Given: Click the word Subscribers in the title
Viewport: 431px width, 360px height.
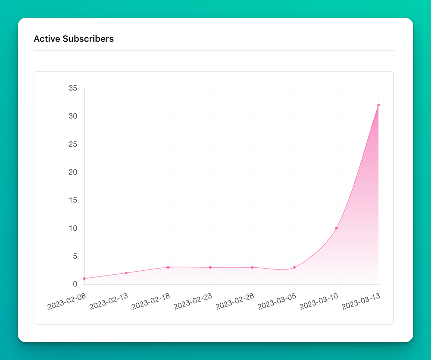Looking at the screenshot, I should pos(88,39).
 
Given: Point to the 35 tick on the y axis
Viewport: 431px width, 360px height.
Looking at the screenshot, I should pos(73,88).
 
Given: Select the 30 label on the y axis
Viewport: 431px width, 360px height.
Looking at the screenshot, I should pos(73,116).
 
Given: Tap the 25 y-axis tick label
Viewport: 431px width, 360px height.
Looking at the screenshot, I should pos(73,144).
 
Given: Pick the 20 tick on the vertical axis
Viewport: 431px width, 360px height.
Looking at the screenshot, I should pos(73,172).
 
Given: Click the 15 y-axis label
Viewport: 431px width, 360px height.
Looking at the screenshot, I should pos(73,200).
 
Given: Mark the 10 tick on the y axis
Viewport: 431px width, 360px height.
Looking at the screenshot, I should pos(73,228).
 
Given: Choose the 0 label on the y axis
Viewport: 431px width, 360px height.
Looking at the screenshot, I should pos(75,284).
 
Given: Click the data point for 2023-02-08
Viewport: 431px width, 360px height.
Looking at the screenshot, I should pos(84,279).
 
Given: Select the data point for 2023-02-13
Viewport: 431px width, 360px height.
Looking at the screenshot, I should pos(126,273).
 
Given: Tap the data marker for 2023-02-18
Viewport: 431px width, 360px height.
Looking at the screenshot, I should pos(168,267).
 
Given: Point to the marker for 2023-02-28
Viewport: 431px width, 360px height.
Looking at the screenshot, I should pos(252,267).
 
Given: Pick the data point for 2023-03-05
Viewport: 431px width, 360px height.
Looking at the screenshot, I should pos(294,267).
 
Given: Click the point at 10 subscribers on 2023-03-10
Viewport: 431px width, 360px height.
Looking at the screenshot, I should pos(337,228).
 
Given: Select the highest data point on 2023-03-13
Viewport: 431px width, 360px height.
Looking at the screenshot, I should pos(378,105).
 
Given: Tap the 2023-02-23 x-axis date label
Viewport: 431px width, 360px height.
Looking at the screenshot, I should pos(193,301).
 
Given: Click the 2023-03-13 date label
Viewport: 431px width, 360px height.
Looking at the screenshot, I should pos(361,301).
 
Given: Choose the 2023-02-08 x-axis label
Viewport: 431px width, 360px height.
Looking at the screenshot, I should pos(67,301).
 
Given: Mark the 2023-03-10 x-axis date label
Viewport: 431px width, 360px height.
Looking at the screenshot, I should pos(319,301).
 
